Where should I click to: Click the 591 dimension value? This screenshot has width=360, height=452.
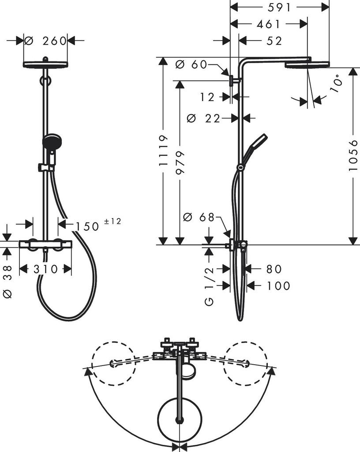(280, 8)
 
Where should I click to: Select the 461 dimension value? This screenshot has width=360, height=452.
(268, 24)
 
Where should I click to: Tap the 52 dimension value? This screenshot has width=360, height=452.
(274, 41)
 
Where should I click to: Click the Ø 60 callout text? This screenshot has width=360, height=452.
(191, 65)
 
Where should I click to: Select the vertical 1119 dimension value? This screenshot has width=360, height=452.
(164, 150)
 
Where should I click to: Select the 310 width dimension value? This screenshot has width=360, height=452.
(45, 269)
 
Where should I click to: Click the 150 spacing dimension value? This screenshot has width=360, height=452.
(87, 226)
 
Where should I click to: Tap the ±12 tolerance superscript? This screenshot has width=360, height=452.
(112, 221)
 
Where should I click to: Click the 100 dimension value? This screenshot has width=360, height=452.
(278, 286)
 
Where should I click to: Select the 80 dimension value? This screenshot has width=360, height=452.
(274, 269)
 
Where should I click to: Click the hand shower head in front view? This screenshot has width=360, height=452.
(50, 141)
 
